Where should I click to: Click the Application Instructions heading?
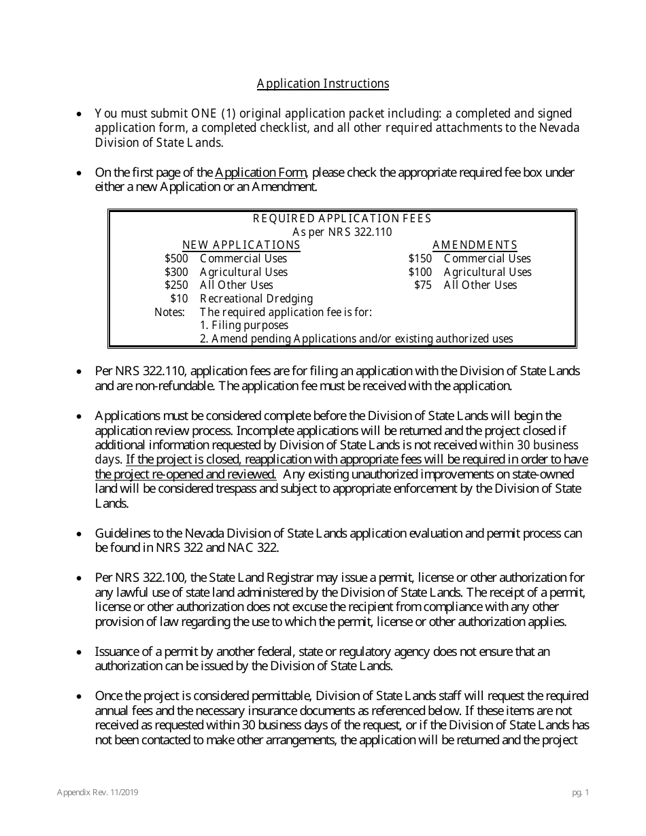tap(323, 84)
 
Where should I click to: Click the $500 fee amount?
tap(176, 259)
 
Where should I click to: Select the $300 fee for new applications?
tap(176, 273)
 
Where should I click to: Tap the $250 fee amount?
tap(176, 285)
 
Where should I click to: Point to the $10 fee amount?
tap(179, 299)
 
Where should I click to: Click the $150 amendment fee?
tap(420, 259)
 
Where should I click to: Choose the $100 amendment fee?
tap(420, 273)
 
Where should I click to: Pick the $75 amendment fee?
tap(422, 285)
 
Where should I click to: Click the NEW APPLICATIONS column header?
tap(241, 245)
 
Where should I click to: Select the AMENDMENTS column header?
tap(475, 245)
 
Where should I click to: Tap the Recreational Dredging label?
tap(256, 299)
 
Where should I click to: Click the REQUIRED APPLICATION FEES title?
tap(342, 219)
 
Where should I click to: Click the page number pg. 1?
tap(580, 793)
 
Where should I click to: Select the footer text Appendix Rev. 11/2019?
tap(99, 793)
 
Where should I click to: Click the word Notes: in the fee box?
tap(169, 312)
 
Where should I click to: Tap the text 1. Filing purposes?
tap(244, 326)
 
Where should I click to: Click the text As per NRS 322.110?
tap(342, 232)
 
